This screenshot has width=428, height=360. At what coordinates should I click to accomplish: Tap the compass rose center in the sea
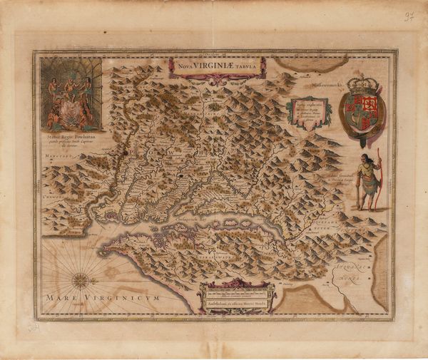point(81,280)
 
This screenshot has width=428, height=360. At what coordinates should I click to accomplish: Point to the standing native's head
point(366,158)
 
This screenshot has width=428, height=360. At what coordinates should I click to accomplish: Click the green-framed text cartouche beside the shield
point(308,113)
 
